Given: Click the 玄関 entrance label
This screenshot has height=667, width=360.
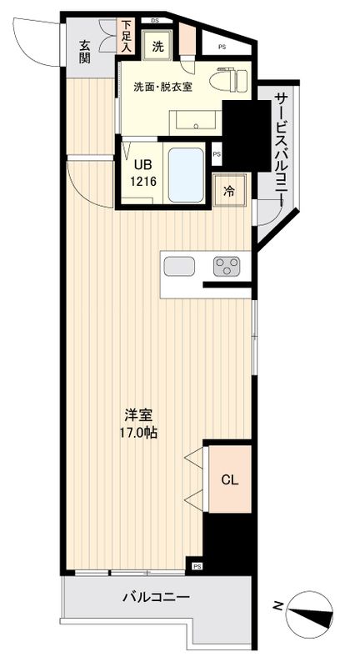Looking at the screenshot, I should point(85,52).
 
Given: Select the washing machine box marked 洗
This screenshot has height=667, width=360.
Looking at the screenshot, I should point(157,48).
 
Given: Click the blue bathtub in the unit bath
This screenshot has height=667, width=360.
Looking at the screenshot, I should point(186,174).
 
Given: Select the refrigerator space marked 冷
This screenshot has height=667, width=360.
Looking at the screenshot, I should point(228,190).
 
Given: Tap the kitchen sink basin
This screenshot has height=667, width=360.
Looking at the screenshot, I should point(179,266).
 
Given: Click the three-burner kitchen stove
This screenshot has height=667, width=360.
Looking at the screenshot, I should point(226,266).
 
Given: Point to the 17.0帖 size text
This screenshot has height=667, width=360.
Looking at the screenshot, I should point(138,433).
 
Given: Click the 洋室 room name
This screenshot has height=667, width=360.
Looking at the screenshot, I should point(137,415).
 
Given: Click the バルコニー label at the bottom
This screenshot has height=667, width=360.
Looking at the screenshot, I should point(156,598).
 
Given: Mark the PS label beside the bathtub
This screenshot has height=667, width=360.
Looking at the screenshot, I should point(217,154).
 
